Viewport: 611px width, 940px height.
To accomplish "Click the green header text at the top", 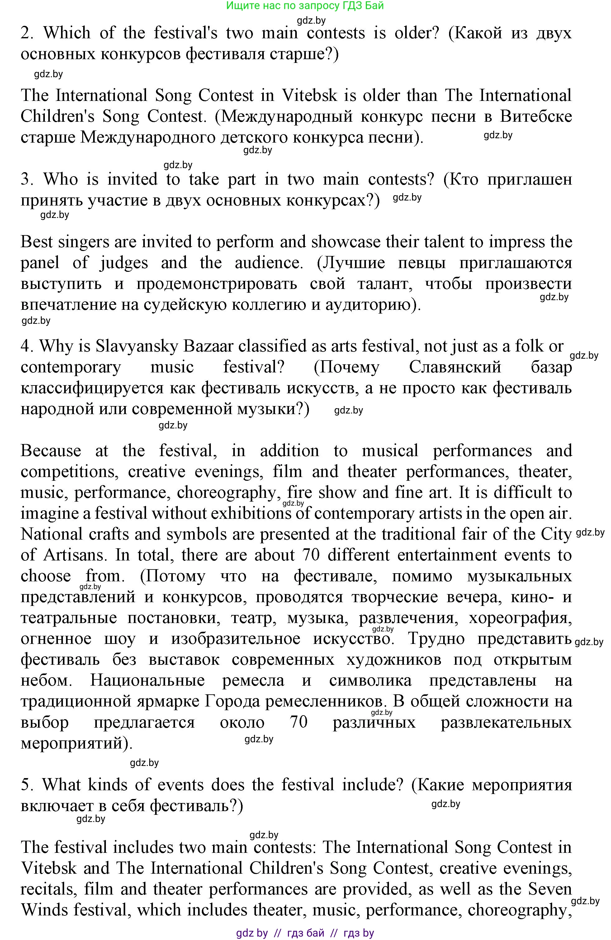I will pyautogui.click(x=305, y=6).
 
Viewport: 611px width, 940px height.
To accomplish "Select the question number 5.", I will pyautogui.click(x=26, y=785).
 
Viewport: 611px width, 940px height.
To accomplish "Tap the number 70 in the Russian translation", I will pyautogui.click(x=299, y=722).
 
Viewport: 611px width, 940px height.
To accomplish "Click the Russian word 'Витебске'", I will pyautogui.click(x=536, y=117).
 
